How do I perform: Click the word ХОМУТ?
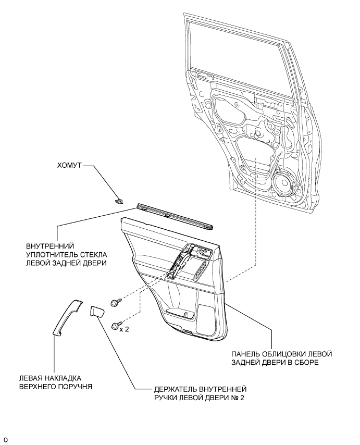69,165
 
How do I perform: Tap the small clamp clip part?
119,201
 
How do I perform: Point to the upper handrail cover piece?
68,317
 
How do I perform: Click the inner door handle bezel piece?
97,311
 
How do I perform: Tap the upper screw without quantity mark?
116,302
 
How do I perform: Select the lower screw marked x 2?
117,326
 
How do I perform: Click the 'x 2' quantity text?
125,329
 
